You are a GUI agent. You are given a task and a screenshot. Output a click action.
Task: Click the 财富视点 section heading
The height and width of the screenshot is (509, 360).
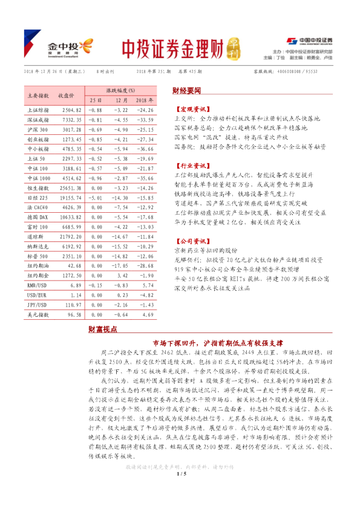pyautogui.click(x=103, y=329)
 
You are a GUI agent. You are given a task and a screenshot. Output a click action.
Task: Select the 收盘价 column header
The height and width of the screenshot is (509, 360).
pyautogui.click(x=66, y=96)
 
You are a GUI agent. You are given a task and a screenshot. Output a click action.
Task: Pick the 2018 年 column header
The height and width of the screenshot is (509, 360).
pyautogui.click(x=143, y=100)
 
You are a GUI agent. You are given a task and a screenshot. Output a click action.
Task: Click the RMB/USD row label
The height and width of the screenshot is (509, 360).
pyautogui.click(x=38, y=300)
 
